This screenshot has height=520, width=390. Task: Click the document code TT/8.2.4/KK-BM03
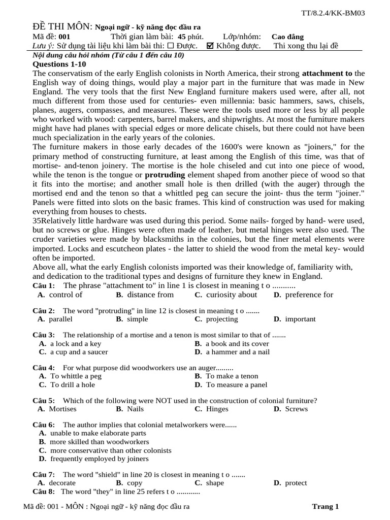pyautogui.click(x=333, y=13)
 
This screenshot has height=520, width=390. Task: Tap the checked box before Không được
pyautogui.click(x=210, y=46)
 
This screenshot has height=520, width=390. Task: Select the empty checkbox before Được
pyautogui.click(x=171, y=46)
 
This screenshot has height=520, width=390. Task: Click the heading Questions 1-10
pyautogui.click(x=59, y=64)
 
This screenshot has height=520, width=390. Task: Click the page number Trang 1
pyautogui.click(x=325, y=506)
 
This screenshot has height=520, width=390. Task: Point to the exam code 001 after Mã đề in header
pyautogui.click(x=64, y=37)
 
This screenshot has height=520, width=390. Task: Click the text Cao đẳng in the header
pyautogui.click(x=287, y=37)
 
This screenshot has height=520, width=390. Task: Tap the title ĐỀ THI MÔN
pyautogui.click(x=62, y=26)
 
